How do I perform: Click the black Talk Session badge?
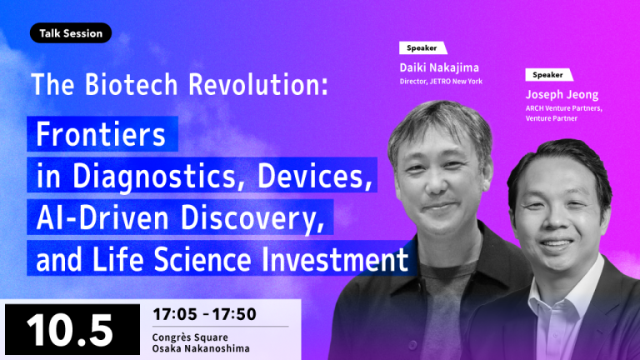pos(71,33)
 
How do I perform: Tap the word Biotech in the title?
pos(132,84)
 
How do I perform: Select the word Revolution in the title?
pos(258,84)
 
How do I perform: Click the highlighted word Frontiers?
pos(100,134)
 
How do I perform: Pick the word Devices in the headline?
pos(315,176)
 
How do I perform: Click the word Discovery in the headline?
pos(252,218)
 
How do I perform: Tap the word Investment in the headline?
pos(335,259)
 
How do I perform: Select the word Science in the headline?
pos(202,259)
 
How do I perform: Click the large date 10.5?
pos(70,330)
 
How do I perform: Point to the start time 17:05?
pos(175,314)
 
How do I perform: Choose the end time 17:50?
pos(234,314)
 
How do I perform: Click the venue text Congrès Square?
pos(190,337)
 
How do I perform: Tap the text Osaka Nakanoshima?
pos(201,348)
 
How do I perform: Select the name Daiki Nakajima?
pos(439,67)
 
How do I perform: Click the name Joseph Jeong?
pos(562,95)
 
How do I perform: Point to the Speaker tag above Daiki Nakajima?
pos(422,47)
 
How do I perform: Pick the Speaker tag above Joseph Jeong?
pos(549,75)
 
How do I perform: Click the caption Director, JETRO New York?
pos(441,81)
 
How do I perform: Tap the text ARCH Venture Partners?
pos(563,108)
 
